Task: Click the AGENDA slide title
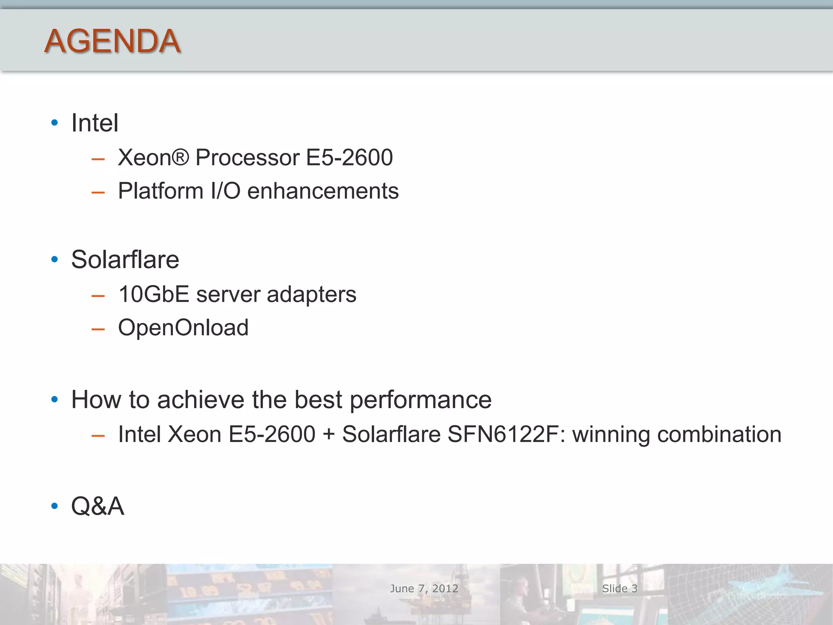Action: click(x=112, y=41)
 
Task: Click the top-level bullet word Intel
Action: click(x=95, y=123)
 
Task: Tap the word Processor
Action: click(x=247, y=157)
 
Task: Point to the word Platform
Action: click(x=161, y=191)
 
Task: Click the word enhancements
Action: click(x=323, y=191)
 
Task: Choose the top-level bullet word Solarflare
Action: click(x=125, y=260)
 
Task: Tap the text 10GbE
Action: click(x=154, y=294)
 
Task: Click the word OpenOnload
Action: click(x=183, y=328)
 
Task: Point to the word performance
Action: click(x=421, y=400)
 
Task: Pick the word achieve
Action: click(x=201, y=400)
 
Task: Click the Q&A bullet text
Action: click(x=98, y=506)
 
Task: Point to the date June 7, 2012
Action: click(x=424, y=588)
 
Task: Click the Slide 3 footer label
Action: click(x=619, y=588)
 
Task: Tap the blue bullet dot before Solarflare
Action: click(x=55, y=260)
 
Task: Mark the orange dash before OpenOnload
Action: click(x=98, y=329)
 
